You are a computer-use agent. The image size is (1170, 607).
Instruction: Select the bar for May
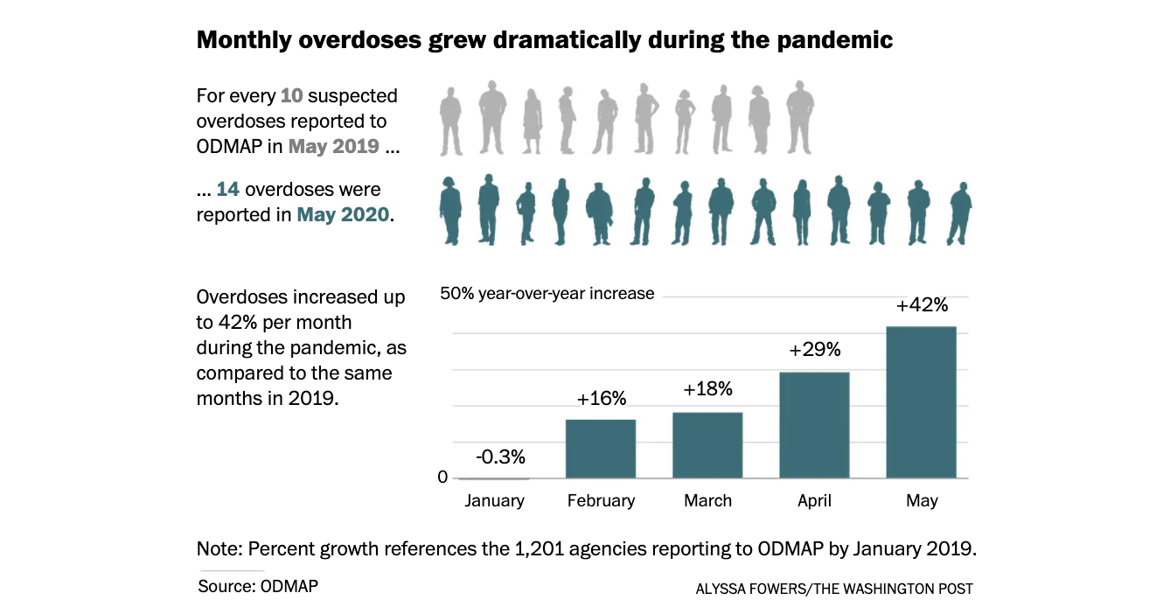(921, 402)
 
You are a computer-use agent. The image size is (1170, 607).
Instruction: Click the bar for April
(814, 425)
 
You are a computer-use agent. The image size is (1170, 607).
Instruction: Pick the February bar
(601, 449)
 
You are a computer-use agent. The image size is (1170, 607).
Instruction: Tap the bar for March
(707, 445)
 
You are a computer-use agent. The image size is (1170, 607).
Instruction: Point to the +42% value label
(922, 305)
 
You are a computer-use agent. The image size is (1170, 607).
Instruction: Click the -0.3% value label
(500, 457)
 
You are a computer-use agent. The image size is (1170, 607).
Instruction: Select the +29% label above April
(814, 350)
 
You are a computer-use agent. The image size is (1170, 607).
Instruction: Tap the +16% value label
(602, 399)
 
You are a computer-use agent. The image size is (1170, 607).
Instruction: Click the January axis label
(494, 501)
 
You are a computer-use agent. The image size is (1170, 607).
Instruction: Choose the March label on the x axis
(707, 501)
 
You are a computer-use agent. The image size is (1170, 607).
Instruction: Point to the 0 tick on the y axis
(442, 478)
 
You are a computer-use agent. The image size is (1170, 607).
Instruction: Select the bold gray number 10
(291, 96)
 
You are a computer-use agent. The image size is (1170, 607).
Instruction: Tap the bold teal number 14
(228, 190)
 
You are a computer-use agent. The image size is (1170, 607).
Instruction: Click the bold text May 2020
(343, 214)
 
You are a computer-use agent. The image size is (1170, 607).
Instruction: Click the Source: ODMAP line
(258, 586)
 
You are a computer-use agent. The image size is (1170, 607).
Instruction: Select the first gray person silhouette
(450, 121)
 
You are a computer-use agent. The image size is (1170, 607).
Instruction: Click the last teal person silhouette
(960, 213)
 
